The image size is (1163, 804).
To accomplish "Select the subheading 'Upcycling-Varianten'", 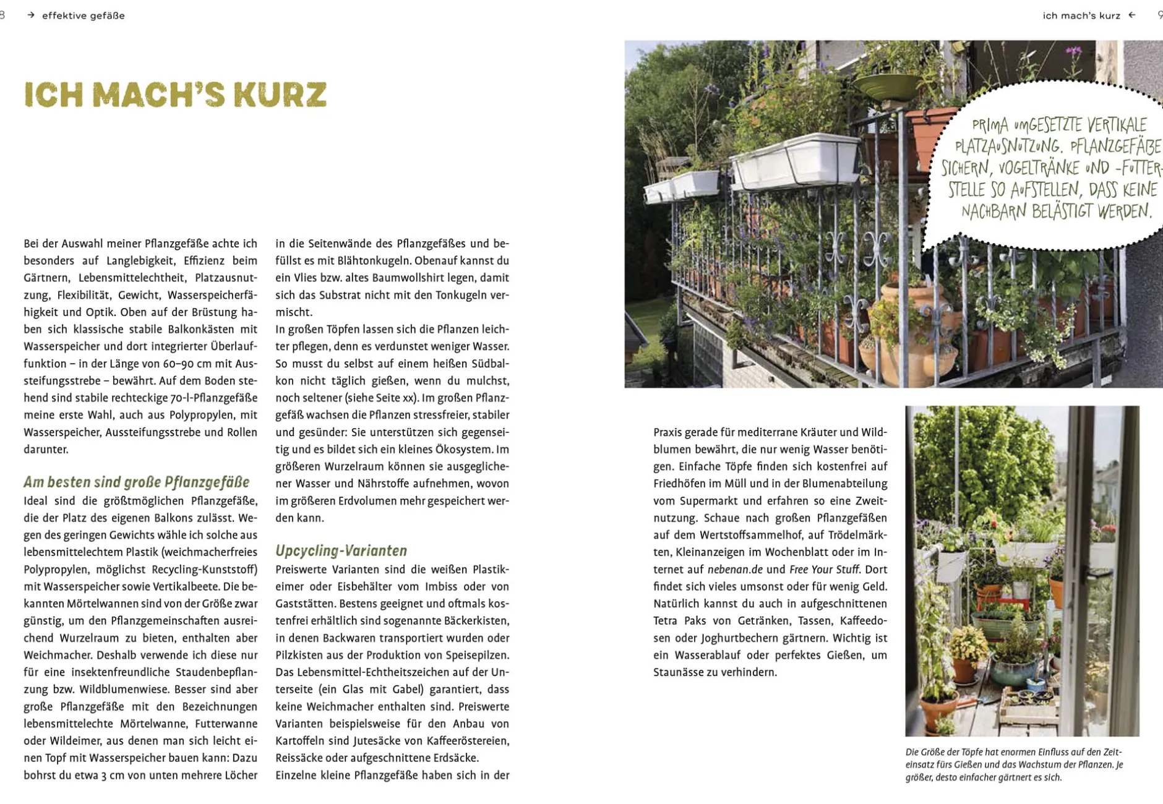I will click(341, 550).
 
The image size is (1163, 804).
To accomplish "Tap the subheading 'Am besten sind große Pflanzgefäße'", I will click(136, 482).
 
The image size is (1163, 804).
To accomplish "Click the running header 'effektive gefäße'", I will click(84, 15).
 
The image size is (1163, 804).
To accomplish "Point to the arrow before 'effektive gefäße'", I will click(31, 15).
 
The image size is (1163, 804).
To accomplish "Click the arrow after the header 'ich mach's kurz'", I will click(1132, 15).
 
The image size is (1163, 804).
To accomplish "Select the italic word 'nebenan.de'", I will click(735, 569).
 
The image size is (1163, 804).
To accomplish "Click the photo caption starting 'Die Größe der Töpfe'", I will click(1015, 764).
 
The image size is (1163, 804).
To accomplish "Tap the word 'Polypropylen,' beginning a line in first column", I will click(56, 569).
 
